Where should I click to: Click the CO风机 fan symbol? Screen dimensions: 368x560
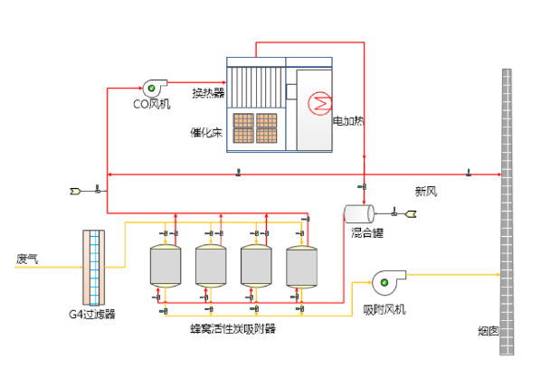click(152, 88)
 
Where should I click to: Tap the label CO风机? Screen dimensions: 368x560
click(151, 103)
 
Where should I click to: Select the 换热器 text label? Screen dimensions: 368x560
click(207, 92)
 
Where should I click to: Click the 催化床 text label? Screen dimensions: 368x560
click(205, 132)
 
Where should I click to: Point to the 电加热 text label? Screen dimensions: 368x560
click(348, 120)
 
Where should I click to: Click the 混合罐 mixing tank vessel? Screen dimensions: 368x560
click(359, 213)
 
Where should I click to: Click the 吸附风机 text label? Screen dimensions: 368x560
click(384, 309)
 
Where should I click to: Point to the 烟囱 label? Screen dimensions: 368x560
click(489, 331)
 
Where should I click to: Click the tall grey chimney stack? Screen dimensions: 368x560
click(507, 208)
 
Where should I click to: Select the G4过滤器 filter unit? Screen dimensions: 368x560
click(94, 267)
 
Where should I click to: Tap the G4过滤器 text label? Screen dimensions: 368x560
click(92, 315)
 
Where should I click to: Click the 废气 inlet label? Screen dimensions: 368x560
click(27, 259)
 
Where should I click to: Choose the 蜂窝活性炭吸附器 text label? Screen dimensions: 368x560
click(233, 328)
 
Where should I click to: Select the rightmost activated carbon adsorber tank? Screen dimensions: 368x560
click(301, 265)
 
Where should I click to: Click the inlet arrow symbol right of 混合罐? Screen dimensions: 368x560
click(410, 214)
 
